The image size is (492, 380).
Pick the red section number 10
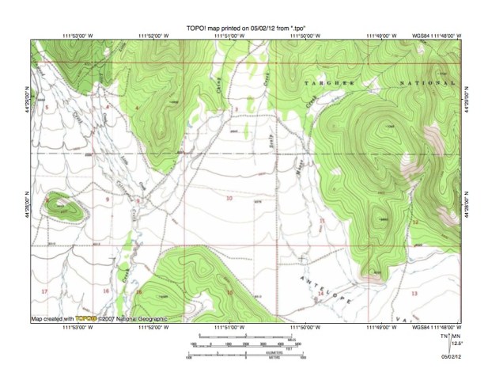229,199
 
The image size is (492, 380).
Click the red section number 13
414,292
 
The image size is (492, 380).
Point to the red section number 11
322,219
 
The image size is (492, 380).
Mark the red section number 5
47,106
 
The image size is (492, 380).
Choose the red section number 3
235,108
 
